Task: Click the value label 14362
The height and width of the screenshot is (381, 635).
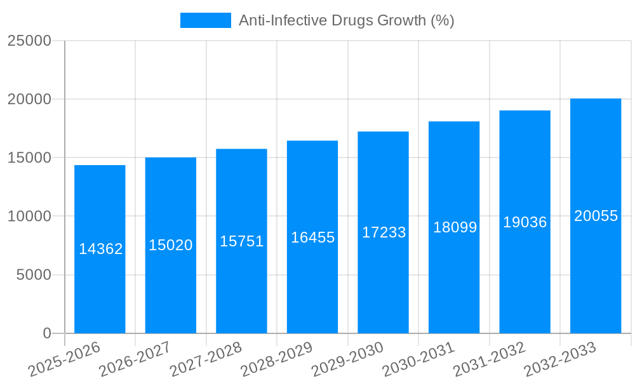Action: coord(101,249)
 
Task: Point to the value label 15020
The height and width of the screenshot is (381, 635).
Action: coord(171,245)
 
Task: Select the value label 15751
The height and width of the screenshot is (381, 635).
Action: coord(242,241)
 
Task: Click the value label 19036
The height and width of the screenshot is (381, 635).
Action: coord(525,222)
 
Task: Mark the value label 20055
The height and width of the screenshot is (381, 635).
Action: coord(596,216)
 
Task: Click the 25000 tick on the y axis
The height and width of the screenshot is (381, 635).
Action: coord(29,41)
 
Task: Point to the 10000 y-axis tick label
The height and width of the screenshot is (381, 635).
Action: coord(29,217)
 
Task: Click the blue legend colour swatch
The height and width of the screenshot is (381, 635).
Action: coord(206,20)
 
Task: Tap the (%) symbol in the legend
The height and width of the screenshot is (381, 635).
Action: coord(443,20)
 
